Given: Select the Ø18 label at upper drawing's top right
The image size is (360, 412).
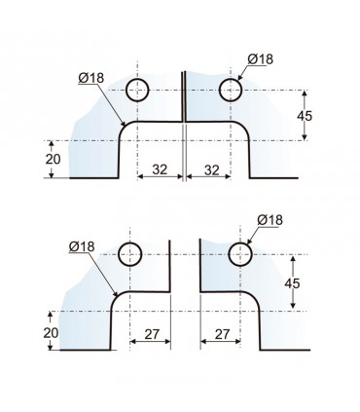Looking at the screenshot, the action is coord(261,59).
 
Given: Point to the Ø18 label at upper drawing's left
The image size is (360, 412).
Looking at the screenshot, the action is coord(91,78).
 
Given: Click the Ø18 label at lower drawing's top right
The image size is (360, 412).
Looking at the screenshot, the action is coord(270,220).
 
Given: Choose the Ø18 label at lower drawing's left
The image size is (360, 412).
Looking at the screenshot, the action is coord(82,246).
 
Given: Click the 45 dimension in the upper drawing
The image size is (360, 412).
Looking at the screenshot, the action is coord(305,116).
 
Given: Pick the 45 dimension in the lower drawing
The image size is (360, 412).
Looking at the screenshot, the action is coord(292,283).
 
